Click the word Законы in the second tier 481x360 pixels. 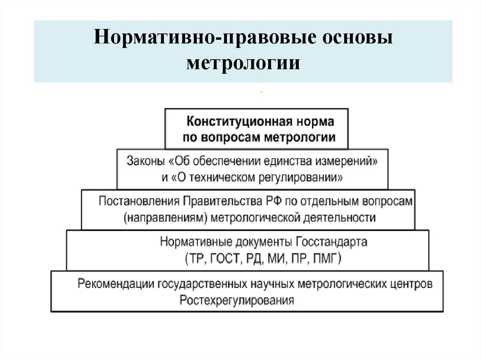[144, 161]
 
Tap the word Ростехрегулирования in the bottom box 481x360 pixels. [237, 300]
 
